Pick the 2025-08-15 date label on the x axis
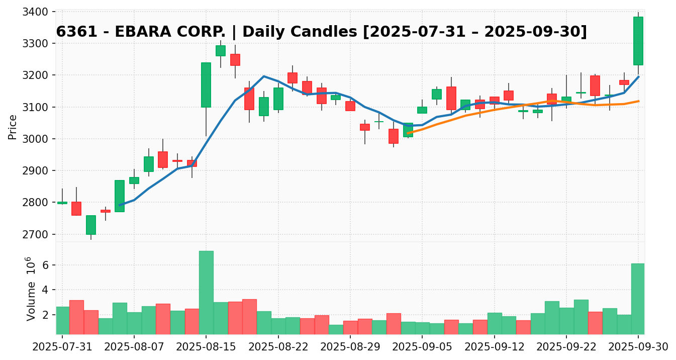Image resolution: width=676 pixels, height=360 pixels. pos(206,347)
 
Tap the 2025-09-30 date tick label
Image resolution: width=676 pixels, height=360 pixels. pos(638,347)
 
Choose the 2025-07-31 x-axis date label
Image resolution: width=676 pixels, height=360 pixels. pos(62,347)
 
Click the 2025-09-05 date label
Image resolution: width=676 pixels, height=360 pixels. pos(422,347)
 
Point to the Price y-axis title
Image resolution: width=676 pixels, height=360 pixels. pos(13,127)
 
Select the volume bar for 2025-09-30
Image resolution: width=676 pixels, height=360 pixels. pos(638,299)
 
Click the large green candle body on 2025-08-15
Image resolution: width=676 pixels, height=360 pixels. pos(206,84)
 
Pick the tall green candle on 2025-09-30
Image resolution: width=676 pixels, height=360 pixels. pos(638,41)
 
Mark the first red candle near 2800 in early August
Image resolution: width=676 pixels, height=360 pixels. pos(76,208)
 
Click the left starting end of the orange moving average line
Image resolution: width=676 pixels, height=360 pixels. pos(408,133)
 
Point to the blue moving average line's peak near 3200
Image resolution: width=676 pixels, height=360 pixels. pos(264,76)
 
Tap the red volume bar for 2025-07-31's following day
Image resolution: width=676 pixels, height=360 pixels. pos(76,317)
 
